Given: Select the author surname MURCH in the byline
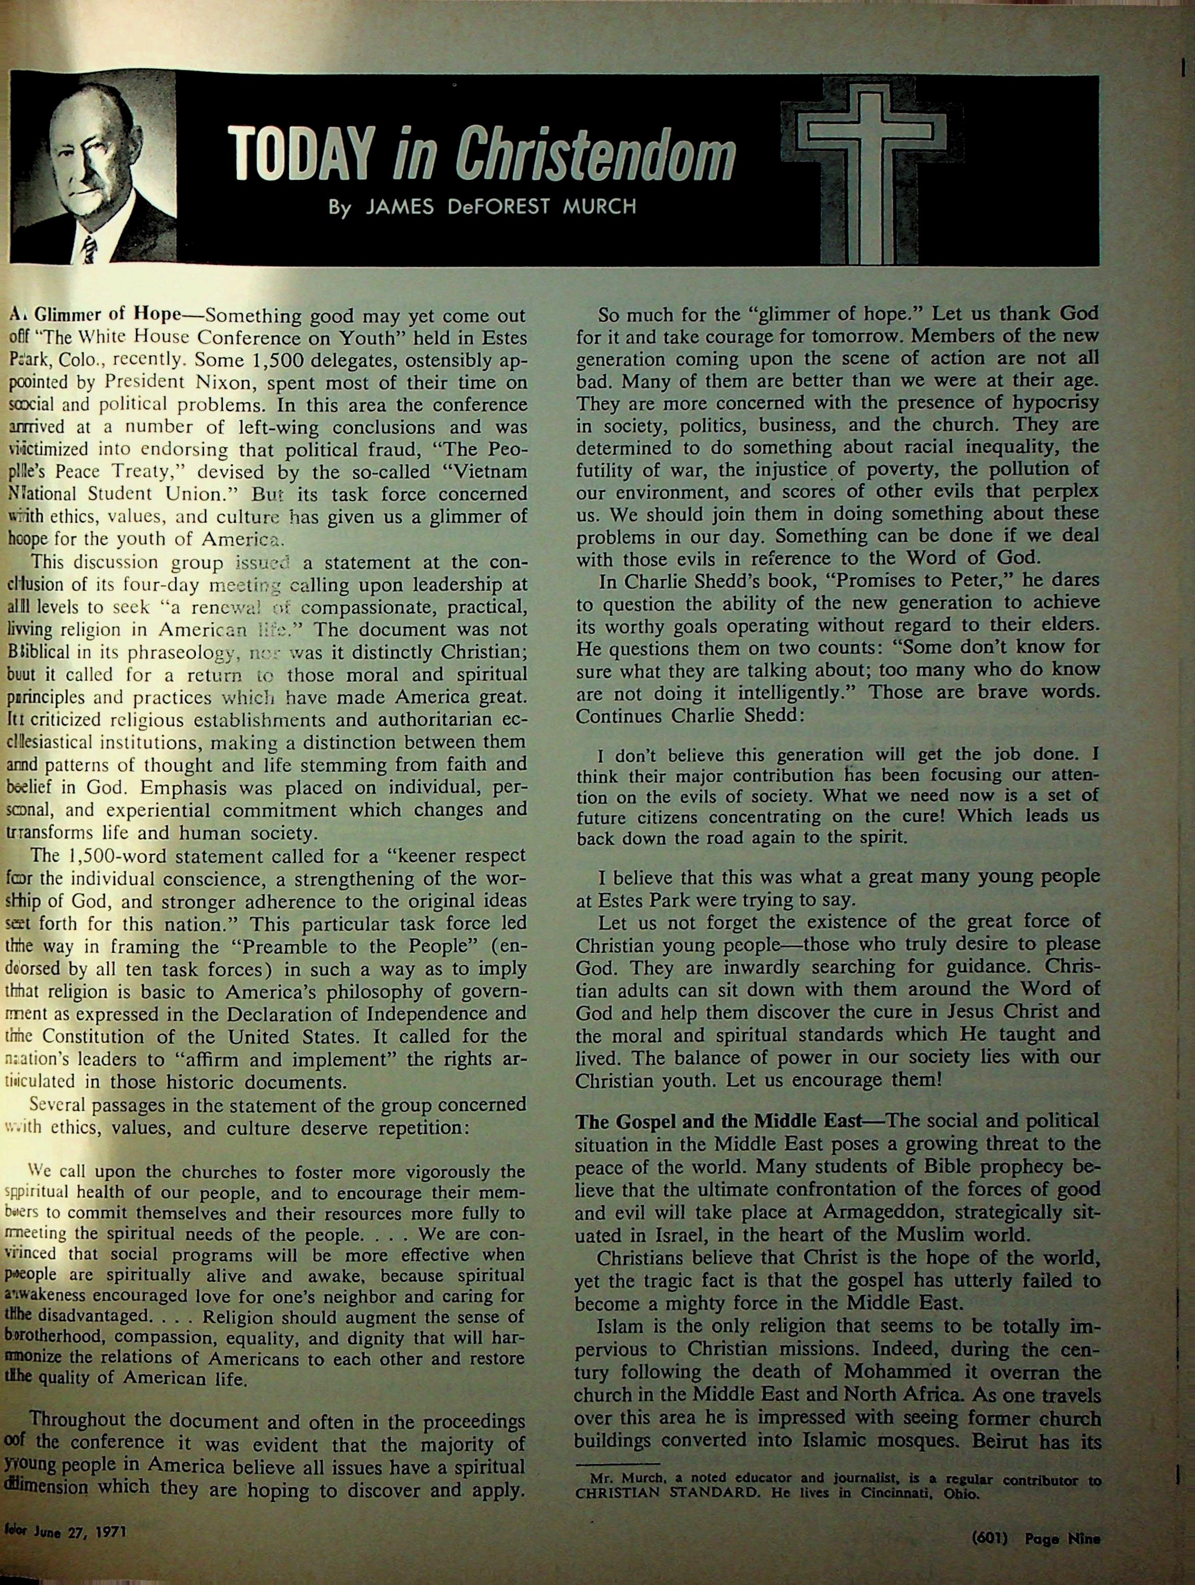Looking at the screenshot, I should click(x=600, y=207).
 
